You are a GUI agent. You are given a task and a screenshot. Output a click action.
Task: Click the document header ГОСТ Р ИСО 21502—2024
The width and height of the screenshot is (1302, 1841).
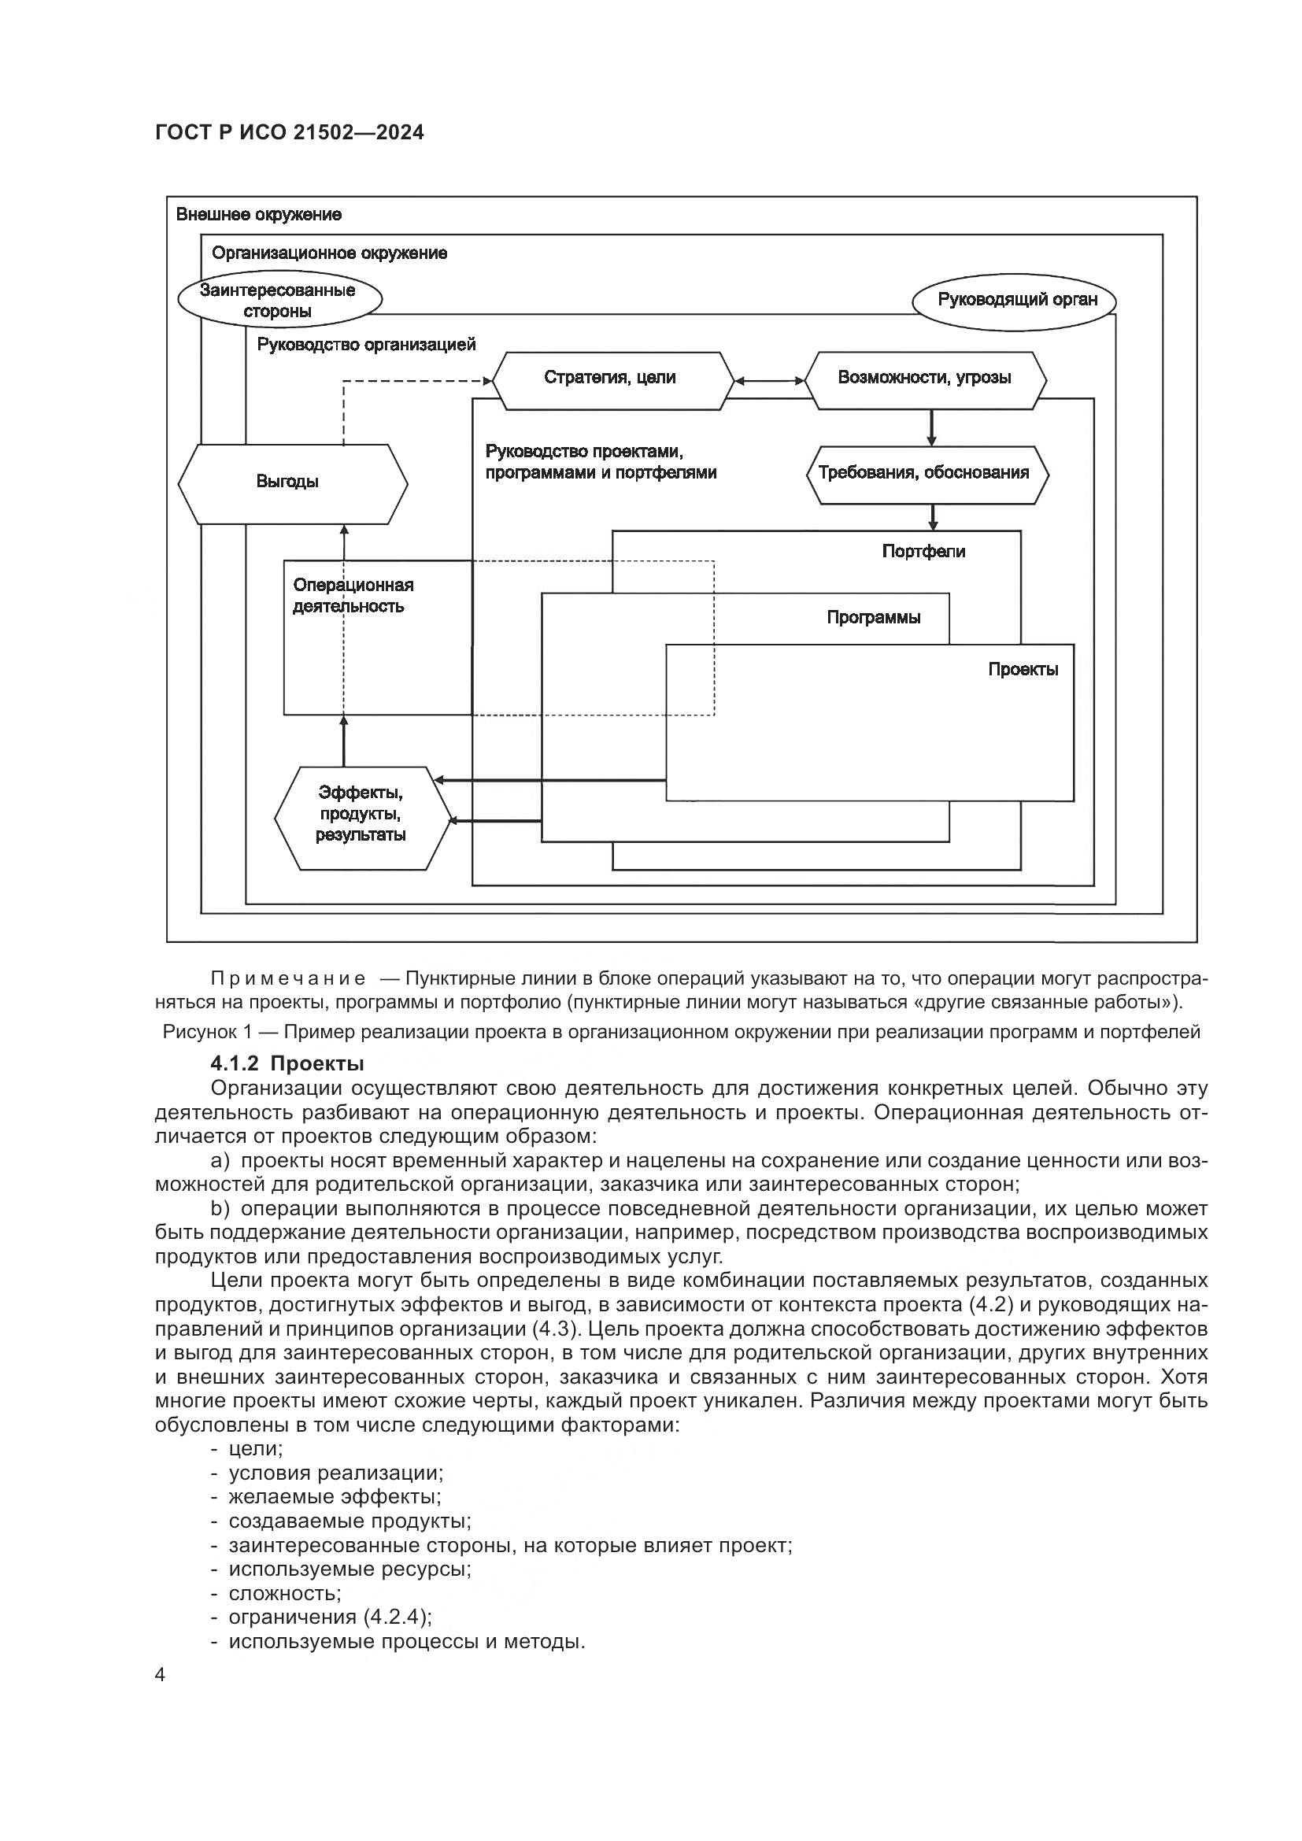tap(290, 133)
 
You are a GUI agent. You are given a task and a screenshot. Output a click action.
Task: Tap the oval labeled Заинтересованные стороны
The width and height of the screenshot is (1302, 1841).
tap(278, 301)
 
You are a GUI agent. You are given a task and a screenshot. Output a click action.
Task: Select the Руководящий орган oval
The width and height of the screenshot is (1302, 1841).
tap(1016, 301)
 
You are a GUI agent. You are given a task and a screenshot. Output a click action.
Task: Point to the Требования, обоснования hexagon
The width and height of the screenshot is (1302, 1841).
tap(927, 474)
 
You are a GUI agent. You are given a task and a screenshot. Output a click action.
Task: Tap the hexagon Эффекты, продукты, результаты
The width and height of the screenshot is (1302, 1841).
tap(362, 817)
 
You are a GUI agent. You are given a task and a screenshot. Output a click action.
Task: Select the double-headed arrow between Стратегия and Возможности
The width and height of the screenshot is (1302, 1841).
tap(769, 381)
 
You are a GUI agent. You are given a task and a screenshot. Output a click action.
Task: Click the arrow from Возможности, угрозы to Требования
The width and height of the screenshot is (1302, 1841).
tap(930, 427)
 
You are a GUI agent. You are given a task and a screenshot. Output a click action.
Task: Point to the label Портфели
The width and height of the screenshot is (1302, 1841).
tap(923, 552)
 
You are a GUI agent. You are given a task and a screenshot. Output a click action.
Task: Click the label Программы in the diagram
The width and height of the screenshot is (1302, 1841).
tap(873, 618)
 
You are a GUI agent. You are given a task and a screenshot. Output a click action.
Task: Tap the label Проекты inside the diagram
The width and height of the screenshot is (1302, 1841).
tap(1023, 670)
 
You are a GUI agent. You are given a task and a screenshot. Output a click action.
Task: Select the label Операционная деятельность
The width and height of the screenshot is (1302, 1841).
tap(352, 596)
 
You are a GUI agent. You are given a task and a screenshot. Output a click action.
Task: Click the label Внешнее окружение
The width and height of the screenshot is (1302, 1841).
tap(258, 215)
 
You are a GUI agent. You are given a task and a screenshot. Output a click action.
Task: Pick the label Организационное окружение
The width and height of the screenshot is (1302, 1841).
tap(330, 254)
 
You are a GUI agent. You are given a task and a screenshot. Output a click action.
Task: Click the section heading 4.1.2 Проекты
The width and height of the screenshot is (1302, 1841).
tap(287, 1064)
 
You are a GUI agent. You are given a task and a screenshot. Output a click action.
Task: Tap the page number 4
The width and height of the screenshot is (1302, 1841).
tap(161, 1675)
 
